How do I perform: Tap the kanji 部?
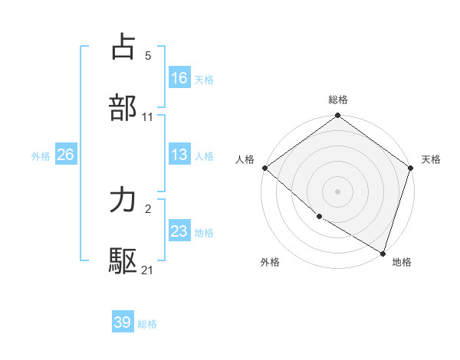point(123,107)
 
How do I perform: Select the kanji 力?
point(123,201)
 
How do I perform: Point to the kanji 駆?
point(123,261)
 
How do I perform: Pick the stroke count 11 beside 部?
point(148,117)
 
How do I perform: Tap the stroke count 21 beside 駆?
point(148,270)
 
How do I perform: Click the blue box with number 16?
point(179,77)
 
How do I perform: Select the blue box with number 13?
point(179,155)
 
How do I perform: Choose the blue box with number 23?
point(179,231)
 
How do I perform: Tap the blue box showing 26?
point(65,155)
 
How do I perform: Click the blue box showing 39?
point(123,322)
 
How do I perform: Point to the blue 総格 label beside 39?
point(147,324)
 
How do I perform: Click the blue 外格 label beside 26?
point(41,156)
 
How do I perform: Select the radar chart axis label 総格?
point(338,100)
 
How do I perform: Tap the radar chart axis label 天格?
point(432,159)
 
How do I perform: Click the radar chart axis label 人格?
point(245,159)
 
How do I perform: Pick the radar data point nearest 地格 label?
point(383,253)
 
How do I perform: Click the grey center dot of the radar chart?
point(338,191)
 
